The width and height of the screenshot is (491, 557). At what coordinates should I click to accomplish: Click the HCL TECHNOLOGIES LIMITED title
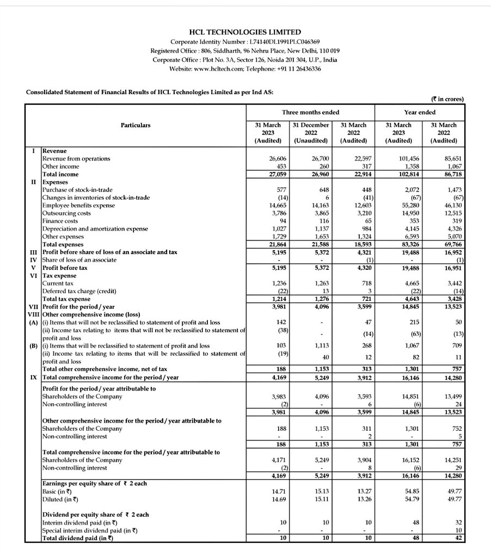click(x=246, y=32)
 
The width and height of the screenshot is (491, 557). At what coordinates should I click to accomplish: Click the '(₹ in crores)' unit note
click(x=447, y=99)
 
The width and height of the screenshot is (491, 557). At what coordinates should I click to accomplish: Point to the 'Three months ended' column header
click(x=310, y=112)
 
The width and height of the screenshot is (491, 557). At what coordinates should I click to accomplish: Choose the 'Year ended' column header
click(x=419, y=112)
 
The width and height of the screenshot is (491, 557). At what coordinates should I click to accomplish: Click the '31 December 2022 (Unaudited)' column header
click(x=311, y=133)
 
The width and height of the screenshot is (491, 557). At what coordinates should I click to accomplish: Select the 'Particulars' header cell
click(x=136, y=125)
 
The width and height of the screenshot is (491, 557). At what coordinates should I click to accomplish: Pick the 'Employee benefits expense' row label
click(x=78, y=206)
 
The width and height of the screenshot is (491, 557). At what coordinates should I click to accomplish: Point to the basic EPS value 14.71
click(x=271, y=491)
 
